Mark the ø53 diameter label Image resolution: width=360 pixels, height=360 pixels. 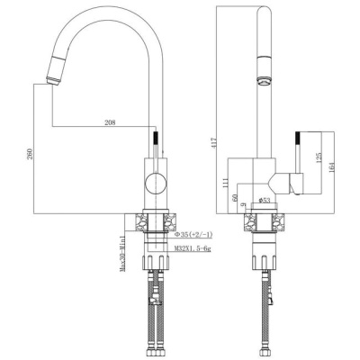265,199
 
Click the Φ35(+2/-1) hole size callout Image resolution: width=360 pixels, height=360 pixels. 195,233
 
